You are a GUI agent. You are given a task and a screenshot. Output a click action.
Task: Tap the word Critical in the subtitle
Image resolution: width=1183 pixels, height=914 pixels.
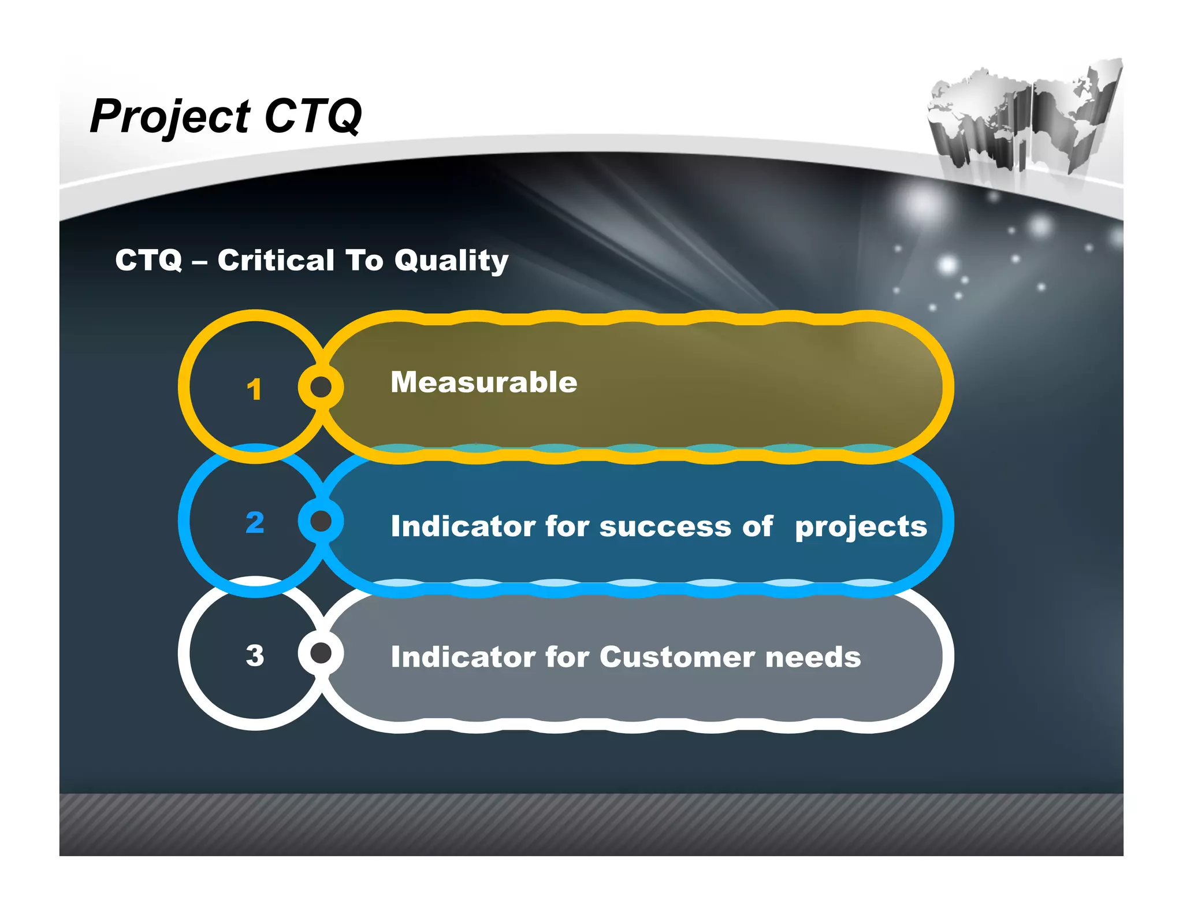(x=276, y=260)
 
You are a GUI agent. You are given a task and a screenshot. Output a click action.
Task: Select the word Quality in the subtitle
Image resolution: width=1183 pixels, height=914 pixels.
(x=451, y=261)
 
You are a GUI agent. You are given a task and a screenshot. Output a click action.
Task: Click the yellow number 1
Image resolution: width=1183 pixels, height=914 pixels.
(x=254, y=389)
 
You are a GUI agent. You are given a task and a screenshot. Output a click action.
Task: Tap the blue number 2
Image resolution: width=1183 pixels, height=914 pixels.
(x=255, y=522)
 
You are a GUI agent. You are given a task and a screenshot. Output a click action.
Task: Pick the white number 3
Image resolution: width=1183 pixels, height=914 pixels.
(x=255, y=655)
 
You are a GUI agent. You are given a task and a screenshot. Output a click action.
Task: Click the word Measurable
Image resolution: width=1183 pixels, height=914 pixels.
(x=483, y=382)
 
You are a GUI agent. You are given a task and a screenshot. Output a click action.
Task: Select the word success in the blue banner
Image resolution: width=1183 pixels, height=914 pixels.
(x=665, y=526)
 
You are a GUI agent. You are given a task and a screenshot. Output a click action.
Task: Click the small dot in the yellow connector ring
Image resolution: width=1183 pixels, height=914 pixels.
(x=321, y=387)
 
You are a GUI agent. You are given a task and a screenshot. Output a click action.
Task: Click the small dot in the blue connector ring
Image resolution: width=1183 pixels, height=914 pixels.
(x=321, y=521)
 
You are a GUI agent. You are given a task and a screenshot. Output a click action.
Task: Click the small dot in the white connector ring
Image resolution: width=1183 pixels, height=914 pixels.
(x=321, y=653)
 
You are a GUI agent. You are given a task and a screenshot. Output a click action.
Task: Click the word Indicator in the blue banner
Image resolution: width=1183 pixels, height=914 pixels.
(x=463, y=526)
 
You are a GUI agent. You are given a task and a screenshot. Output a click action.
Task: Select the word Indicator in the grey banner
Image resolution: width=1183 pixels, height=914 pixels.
(x=463, y=657)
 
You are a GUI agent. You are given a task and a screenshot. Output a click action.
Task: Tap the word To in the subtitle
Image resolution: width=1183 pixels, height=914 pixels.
(x=364, y=260)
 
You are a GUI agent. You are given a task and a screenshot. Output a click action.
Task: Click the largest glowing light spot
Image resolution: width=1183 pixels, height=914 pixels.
(x=922, y=205)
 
